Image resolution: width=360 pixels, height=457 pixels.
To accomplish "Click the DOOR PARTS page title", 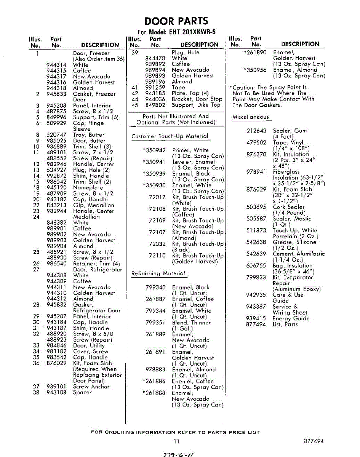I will [x=176, y=21].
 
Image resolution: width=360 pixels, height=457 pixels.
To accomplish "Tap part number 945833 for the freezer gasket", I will [x=56, y=94].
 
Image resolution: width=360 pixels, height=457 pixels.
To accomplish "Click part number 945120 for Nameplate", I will [x=56, y=187].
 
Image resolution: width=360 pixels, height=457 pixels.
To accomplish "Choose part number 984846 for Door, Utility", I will [x=56, y=346].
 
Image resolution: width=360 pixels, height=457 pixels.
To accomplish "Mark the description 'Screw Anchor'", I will [x=91, y=387].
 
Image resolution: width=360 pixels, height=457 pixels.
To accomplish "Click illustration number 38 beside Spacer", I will [x=36, y=392].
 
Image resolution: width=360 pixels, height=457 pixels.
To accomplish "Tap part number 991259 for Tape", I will [x=155, y=88].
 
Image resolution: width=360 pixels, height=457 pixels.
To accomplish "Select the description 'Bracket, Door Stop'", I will [x=197, y=99].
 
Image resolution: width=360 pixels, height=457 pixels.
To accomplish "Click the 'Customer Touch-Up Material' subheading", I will [x=170, y=136].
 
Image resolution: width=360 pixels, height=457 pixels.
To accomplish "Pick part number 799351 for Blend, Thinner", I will [x=155, y=323].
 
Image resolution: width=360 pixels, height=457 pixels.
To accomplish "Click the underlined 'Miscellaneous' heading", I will [x=250, y=117].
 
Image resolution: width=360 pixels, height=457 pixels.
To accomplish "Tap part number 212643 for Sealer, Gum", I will [x=256, y=131].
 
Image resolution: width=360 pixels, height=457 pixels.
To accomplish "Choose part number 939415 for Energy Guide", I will [x=256, y=318].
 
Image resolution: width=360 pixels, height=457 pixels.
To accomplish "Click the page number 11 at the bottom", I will [x=176, y=441].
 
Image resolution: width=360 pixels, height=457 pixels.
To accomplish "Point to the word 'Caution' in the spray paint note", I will [x=242, y=88].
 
